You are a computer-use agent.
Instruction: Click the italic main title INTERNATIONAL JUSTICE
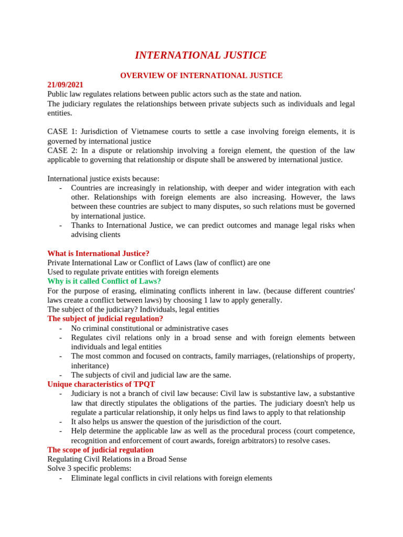coord(201,55)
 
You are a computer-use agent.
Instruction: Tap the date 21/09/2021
coord(65,85)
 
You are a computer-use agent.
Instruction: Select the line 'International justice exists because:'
coord(103,179)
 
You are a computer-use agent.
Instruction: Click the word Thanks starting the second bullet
coord(83,225)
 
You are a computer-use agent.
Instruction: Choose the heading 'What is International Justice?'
coord(98,254)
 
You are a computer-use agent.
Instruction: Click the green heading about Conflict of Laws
coord(104,282)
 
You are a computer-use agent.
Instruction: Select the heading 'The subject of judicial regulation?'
coord(105,319)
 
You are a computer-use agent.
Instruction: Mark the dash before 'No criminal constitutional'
coord(61,329)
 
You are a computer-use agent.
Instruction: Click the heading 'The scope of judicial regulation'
coord(100,450)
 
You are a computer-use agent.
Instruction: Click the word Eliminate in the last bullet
coord(87,478)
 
